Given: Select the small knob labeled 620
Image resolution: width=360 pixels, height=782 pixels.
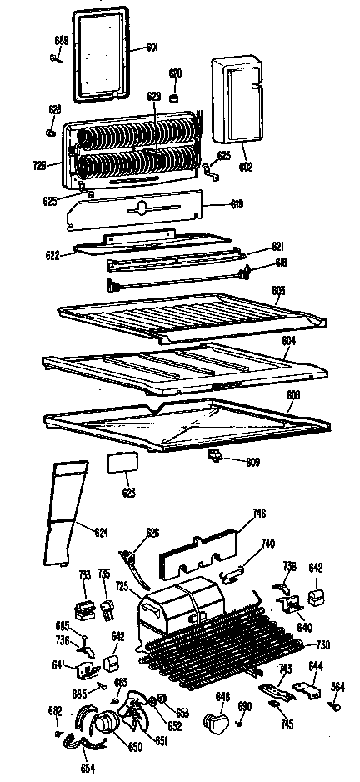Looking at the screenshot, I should click(175, 98).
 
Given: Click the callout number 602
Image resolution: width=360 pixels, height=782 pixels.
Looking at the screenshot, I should click(245, 167).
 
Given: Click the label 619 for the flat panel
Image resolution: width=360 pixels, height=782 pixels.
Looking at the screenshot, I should click(237, 203).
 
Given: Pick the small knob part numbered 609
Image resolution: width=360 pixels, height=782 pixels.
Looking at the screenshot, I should click(216, 454).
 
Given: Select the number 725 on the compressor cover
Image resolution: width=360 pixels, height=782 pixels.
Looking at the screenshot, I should click(122, 588).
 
